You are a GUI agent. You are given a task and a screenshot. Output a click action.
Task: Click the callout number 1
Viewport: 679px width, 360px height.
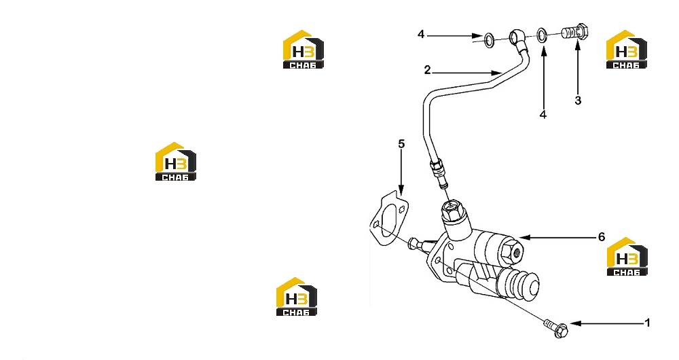[x=647, y=323]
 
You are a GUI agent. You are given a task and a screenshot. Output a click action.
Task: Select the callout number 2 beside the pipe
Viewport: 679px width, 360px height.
[x=427, y=70]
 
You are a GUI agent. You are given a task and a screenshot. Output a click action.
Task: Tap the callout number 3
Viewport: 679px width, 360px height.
[x=578, y=101]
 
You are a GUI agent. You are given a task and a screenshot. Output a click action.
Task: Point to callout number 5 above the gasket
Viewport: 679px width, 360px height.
[x=401, y=143]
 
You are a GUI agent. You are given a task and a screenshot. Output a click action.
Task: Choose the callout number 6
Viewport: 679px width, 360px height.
[x=602, y=236]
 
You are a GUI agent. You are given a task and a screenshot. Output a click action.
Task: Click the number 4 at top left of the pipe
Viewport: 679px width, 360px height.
[x=421, y=34]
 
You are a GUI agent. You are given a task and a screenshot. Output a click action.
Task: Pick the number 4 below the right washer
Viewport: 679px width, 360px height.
[x=543, y=114]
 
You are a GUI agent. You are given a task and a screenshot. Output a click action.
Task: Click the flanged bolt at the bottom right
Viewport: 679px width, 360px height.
[x=556, y=329]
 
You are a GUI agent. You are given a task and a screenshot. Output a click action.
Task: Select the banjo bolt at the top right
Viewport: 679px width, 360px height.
[x=574, y=33]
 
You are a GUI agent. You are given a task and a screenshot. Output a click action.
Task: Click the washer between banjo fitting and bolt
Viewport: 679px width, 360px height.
[x=541, y=35]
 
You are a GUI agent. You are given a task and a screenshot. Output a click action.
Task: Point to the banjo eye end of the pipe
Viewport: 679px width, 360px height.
[x=517, y=36]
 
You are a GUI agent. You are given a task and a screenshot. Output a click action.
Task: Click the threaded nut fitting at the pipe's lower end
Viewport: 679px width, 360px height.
[x=437, y=170]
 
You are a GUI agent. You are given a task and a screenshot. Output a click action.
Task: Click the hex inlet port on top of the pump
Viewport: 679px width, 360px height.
[x=453, y=212]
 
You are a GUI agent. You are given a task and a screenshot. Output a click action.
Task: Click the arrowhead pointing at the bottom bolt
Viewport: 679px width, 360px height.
[x=574, y=323]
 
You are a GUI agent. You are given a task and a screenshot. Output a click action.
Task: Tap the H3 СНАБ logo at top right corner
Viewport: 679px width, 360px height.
[x=626, y=50]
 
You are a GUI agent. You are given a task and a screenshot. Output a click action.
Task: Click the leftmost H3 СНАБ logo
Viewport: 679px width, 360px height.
[x=176, y=161]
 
